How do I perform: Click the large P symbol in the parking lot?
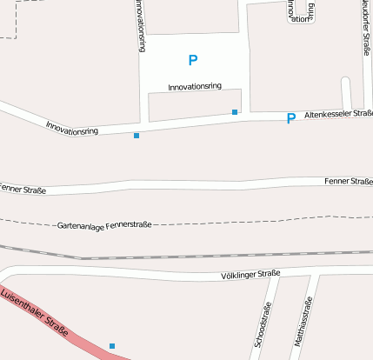[x=193, y=60]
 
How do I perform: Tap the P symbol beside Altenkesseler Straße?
[x=290, y=118]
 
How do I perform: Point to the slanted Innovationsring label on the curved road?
[x=71, y=127]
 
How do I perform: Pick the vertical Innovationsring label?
[x=141, y=26]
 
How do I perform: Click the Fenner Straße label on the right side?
[x=348, y=181]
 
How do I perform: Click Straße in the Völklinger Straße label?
[x=270, y=274]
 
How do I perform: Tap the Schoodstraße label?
[x=261, y=325]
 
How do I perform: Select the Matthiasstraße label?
[x=303, y=323]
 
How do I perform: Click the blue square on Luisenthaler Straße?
[x=112, y=346]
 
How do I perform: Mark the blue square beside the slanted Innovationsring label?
[x=136, y=136]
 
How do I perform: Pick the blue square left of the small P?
[x=235, y=112]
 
